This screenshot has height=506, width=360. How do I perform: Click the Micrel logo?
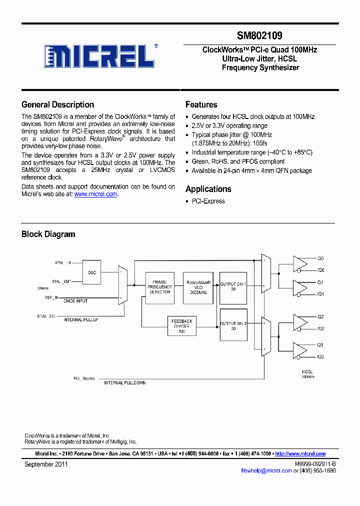pyautogui.click(x=99, y=56)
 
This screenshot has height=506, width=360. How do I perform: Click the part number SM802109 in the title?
pyautogui.click(x=259, y=35)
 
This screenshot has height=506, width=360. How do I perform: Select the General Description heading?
pyautogui.click(x=57, y=104)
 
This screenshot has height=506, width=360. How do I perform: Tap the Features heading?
pyautogui.click(x=201, y=104)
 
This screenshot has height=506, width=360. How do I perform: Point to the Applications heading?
pyautogui.click(x=208, y=189)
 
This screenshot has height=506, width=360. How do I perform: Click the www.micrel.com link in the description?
pyautogui.click(x=95, y=194)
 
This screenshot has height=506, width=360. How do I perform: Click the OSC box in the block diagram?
pyautogui.click(x=92, y=272)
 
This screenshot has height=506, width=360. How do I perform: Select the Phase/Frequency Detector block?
pyautogui.click(x=160, y=287)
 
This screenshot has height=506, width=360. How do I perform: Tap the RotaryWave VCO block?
pyautogui.click(x=198, y=287)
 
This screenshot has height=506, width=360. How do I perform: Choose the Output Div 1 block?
pyautogui.click(x=233, y=287)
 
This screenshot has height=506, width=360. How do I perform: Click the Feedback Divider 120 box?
pyautogui.click(x=182, y=326)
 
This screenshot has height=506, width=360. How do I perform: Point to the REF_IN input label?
pyautogui.click(x=51, y=297)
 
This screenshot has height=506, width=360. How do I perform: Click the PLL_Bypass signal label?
pyautogui.click(x=84, y=378)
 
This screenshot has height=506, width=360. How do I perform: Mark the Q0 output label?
pyautogui.click(x=320, y=258)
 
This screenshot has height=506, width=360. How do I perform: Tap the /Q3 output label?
pyautogui.click(x=320, y=356)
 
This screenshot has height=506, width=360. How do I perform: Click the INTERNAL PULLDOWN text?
pyautogui.click(x=124, y=383)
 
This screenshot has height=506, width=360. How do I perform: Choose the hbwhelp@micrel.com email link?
pyautogui.click(x=266, y=470)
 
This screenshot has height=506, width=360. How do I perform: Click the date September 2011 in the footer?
pyautogui.click(x=46, y=464)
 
